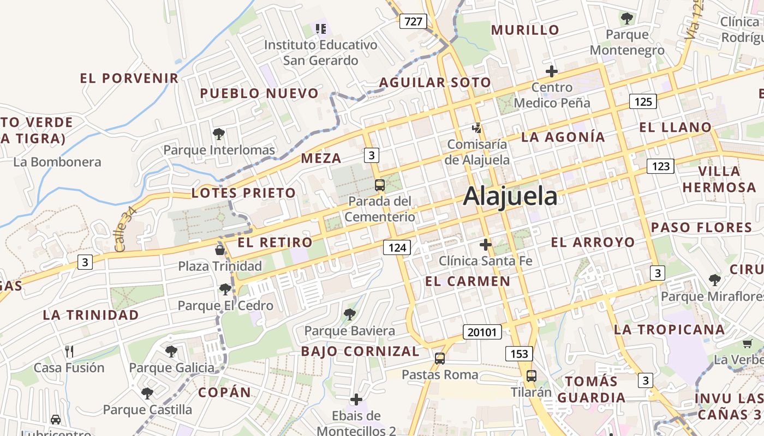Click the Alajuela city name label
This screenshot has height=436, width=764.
(x=510, y=196)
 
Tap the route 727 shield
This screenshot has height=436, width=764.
(x=413, y=21)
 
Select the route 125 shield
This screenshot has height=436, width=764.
(x=643, y=101)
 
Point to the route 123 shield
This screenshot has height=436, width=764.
(x=660, y=166)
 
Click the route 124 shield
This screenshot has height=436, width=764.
(x=397, y=247)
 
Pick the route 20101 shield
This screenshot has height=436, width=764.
(x=482, y=331)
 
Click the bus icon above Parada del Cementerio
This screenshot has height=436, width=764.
(x=380, y=185)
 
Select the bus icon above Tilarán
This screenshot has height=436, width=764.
(x=531, y=376)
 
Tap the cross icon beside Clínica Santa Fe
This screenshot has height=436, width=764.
(x=485, y=245)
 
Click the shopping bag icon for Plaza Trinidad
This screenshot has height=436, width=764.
(x=220, y=250)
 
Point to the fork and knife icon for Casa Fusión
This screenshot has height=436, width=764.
(x=69, y=352)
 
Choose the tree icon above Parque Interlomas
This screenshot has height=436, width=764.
(x=219, y=134)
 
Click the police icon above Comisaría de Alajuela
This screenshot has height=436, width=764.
(x=477, y=128)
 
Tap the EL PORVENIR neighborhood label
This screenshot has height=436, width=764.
(x=129, y=78)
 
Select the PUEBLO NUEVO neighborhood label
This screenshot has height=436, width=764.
(x=259, y=93)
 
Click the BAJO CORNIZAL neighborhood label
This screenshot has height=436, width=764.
(x=360, y=351)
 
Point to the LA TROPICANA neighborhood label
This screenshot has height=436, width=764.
(x=670, y=329)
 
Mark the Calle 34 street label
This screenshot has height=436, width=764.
(x=125, y=232)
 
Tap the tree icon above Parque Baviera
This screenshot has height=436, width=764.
(x=349, y=314)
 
